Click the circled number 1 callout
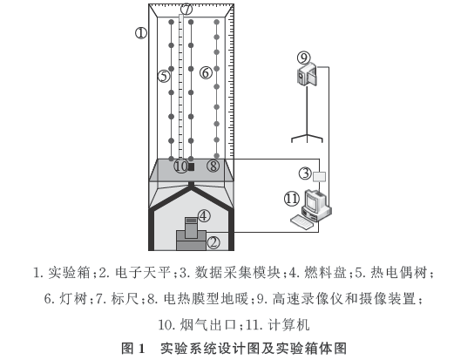tap(141, 33)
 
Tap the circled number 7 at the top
tap(186, 10)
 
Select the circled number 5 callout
tap(164, 76)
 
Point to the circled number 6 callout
tap(206, 72)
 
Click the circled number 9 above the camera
tap(303, 58)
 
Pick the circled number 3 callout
tap(306, 173)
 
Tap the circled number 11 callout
tap(292, 199)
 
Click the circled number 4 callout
tap(204, 216)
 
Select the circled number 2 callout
tap(213, 241)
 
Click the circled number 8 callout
tap(213, 166)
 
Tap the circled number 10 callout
tap(180, 166)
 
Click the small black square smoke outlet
tap(191, 166)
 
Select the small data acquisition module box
tap(319, 176)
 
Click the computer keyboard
tap(302, 222)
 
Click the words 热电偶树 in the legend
tap(398, 273)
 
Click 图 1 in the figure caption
tap(133, 348)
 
